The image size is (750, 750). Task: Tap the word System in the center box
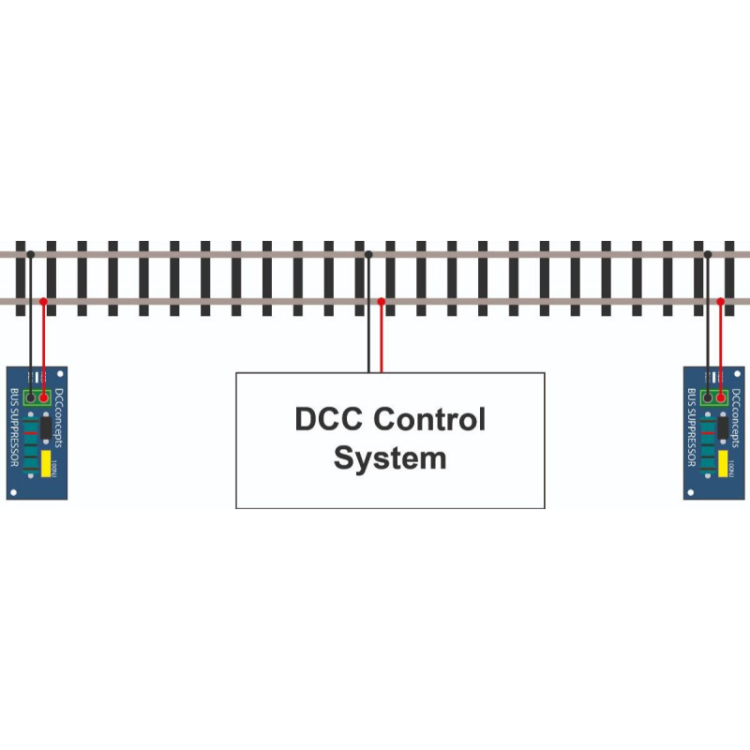click(x=390, y=459)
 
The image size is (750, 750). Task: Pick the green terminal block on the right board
click(x=714, y=397)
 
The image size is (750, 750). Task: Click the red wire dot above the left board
click(x=44, y=301)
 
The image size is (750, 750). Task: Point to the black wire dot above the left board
click(x=31, y=254)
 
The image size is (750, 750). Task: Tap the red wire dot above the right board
click(x=721, y=301)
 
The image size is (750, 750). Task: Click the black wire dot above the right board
click(x=708, y=254)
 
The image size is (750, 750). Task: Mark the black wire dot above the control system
click(x=368, y=254)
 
